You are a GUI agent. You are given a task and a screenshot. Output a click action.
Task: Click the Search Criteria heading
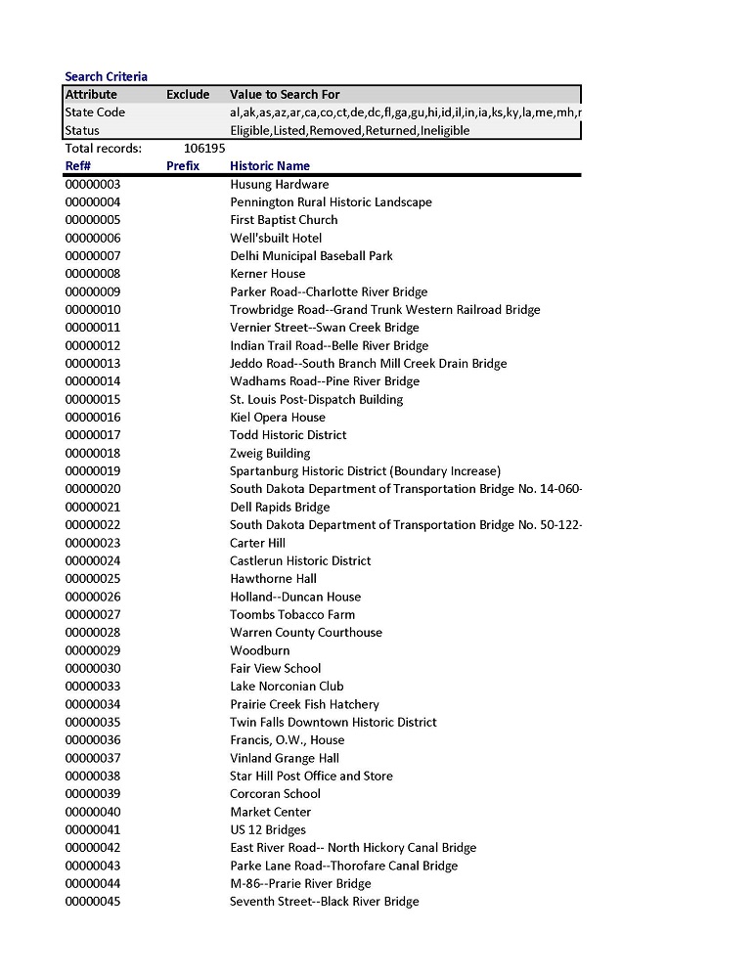(106, 76)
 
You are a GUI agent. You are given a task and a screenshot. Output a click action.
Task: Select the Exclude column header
(188, 95)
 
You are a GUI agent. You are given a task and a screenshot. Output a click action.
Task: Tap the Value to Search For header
(285, 95)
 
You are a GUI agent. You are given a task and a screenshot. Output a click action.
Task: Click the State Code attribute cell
(95, 112)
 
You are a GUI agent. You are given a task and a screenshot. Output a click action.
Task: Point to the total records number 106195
(204, 149)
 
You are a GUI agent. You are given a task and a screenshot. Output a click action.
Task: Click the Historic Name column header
(270, 166)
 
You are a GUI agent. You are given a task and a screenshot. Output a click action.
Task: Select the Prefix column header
(183, 166)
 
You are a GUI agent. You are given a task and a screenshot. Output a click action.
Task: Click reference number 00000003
(93, 185)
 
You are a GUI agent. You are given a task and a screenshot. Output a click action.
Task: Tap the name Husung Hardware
(279, 185)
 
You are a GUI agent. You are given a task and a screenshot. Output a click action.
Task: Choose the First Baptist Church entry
(284, 220)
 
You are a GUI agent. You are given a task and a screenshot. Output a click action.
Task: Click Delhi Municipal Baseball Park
(311, 256)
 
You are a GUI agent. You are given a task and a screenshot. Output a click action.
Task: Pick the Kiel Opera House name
(278, 418)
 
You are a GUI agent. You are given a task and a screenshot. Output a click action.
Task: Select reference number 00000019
(93, 471)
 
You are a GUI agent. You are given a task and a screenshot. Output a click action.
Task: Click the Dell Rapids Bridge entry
(280, 508)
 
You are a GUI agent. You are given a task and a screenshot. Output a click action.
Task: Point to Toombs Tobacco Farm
(292, 615)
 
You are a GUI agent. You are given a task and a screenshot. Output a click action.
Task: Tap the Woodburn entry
(260, 650)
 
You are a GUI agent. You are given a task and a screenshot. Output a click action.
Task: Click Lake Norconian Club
(287, 687)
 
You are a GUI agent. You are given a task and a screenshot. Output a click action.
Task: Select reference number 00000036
(93, 740)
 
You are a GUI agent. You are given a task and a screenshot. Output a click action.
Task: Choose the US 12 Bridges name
(268, 830)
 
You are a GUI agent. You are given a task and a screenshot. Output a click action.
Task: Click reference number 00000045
(93, 902)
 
